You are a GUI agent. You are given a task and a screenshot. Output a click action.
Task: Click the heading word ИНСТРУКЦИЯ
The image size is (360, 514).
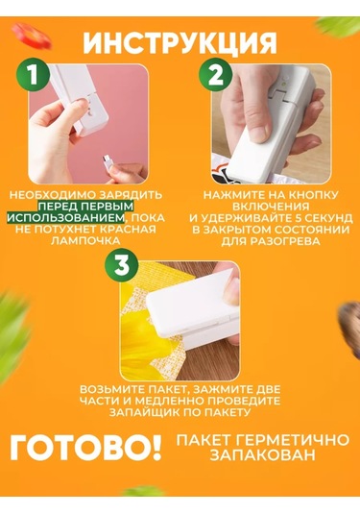180,43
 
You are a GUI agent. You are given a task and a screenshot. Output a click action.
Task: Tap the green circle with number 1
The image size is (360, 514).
34,75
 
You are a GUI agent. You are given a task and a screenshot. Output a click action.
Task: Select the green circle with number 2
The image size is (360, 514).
216,75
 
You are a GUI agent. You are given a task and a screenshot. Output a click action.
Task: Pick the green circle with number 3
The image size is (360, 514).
122,265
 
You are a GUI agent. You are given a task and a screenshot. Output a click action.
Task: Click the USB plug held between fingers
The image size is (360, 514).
108,159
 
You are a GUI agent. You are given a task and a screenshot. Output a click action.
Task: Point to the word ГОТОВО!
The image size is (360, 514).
85,448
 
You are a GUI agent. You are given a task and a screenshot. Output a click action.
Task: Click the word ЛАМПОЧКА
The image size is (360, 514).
85,241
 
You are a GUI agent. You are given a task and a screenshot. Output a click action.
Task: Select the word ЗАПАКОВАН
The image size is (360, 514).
262,455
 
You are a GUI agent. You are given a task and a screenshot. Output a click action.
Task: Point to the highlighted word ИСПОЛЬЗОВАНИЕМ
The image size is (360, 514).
66,218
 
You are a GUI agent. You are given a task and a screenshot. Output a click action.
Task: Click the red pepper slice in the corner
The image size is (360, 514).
32,36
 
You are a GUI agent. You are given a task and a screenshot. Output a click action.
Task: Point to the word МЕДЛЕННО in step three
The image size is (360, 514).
170,401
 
